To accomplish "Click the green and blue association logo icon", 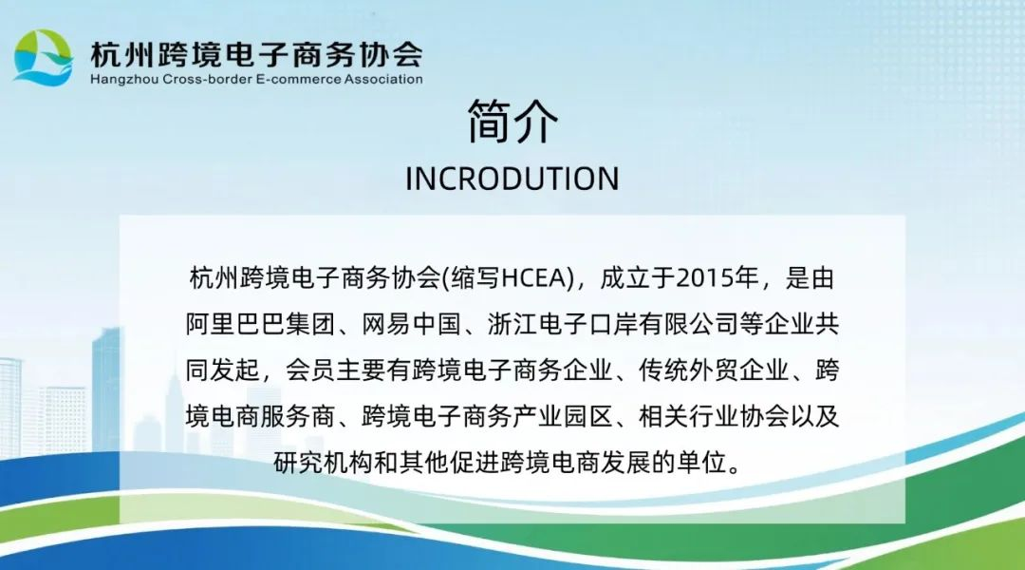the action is (x=43, y=58).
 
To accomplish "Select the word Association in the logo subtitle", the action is (x=383, y=79).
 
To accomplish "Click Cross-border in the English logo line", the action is (x=206, y=79).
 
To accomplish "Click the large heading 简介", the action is (x=512, y=122).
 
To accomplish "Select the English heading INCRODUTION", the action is (x=512, y=179).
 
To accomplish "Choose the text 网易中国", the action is (x=411, y=324).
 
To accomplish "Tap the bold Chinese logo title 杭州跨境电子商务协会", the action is (x=256, y=54).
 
